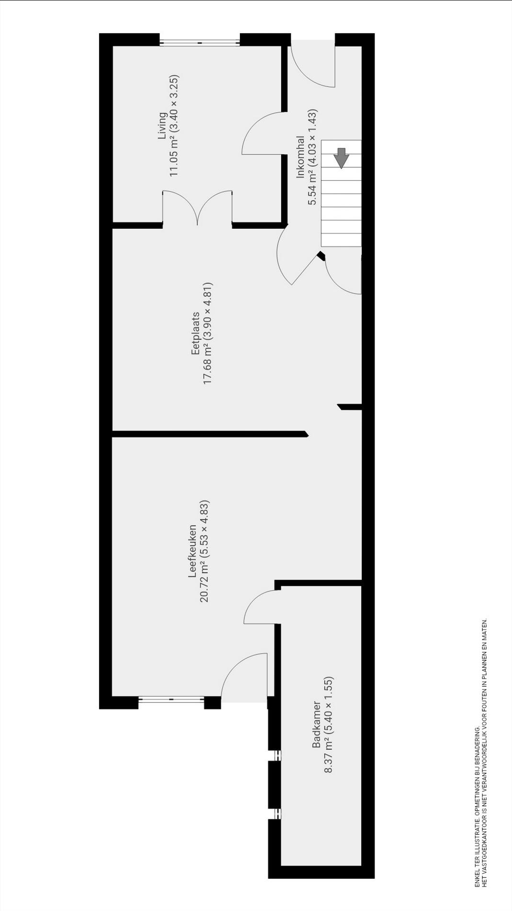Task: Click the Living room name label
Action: (x=163, y=126)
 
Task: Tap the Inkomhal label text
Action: (x=300, y=157)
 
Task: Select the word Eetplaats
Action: (x=195, y=334)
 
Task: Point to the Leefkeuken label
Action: (x=193, y=551)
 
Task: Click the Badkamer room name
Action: (x=317, y=724)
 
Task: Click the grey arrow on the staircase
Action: (x=341, y=158)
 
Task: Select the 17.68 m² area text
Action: (x=208, y=368)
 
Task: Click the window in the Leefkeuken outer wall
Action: (x=171, y=700)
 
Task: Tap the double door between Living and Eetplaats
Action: (x=197, y=208)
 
